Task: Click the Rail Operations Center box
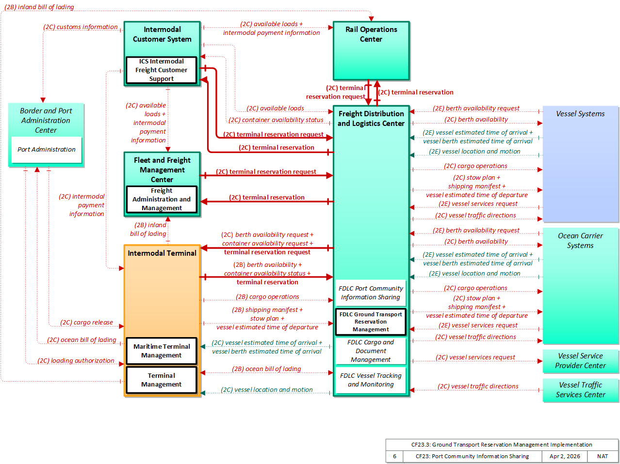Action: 371,51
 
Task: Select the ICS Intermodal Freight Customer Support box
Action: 161,70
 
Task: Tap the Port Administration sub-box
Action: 47,149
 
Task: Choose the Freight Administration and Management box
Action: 162,199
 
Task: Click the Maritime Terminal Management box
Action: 161,351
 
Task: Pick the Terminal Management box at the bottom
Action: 161,380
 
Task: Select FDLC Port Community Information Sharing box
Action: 371,293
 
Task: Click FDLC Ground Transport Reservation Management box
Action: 371,322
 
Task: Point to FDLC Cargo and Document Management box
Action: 371,351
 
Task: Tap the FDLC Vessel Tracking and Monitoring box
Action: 371,380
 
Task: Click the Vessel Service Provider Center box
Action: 580,361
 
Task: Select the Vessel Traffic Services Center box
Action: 580,390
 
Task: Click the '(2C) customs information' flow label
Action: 80,27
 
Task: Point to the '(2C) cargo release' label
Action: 86,322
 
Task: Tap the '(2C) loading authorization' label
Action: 76,360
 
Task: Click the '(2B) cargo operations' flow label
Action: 267,296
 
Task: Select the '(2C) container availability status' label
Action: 276,120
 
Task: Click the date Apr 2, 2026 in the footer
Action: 564,456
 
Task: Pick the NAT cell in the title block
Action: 602,456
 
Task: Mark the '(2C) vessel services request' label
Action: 475,357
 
